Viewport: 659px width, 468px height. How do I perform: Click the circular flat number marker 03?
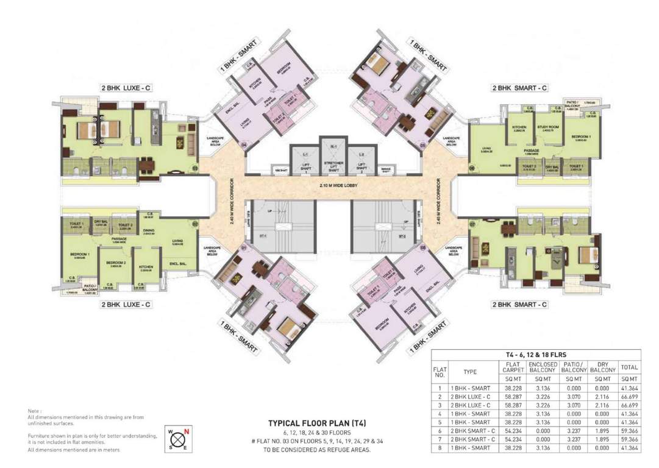click(x=194, y=168)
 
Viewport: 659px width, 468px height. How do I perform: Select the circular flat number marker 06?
click(x=471, y=168)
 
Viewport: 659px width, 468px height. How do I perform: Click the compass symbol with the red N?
click(x=178, y=439)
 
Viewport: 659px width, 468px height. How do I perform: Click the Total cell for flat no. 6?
click(x=629, y=430)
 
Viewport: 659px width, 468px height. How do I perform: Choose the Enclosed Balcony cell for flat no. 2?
click(x=541, y=396)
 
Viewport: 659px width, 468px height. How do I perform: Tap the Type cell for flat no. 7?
click(x=470, y=439)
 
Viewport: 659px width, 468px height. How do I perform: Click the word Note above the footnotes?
click(x=34, y=411)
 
